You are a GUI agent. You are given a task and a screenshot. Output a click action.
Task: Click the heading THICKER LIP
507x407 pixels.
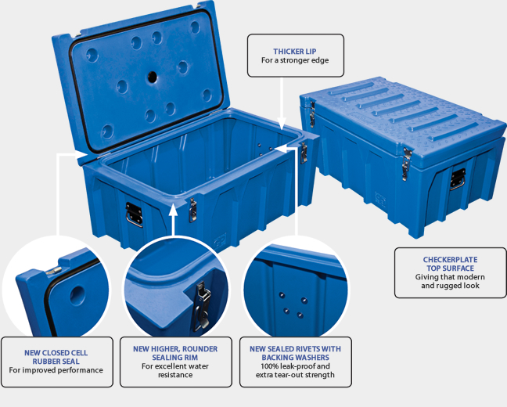tap(294, 52)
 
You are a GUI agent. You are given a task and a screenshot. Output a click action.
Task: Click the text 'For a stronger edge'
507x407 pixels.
tap(295, 60)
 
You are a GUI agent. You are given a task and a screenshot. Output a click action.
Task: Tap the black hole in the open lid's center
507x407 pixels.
tap(153, 77)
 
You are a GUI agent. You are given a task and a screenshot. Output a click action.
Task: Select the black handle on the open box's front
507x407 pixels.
tap(134, 214)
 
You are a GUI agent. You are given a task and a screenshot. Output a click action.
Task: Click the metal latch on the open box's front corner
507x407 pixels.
tap(192, 211)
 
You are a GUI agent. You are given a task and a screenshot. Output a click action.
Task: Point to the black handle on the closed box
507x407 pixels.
tap(458, 179)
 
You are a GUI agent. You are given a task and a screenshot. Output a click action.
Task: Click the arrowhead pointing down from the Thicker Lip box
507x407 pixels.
tap(282, 124)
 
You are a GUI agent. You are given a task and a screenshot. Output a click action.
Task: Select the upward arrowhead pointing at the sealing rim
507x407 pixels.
tap(174, 210)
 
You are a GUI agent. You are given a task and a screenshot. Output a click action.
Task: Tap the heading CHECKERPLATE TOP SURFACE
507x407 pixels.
tap(450, 264)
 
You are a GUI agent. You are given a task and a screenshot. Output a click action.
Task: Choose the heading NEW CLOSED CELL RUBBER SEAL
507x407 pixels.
tap(56, 357)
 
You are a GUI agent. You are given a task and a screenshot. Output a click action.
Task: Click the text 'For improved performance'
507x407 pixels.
tap(56, 370)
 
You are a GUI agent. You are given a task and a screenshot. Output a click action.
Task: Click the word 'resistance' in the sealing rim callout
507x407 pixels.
tap(175, 375)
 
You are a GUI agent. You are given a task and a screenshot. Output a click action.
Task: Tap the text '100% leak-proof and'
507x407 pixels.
tap(295, 366)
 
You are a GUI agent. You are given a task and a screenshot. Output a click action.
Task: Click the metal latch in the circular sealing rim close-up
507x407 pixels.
tap(201, 306)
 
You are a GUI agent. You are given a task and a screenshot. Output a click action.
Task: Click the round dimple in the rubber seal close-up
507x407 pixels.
tap(77, 294)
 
